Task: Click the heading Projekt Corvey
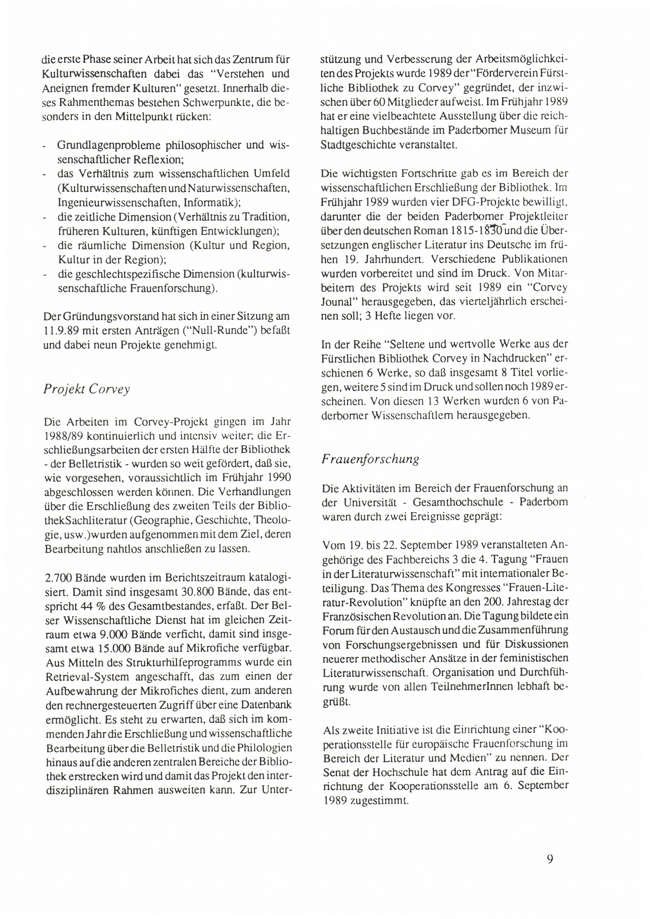pos(87,389)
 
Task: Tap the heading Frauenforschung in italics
pos(370,459)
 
